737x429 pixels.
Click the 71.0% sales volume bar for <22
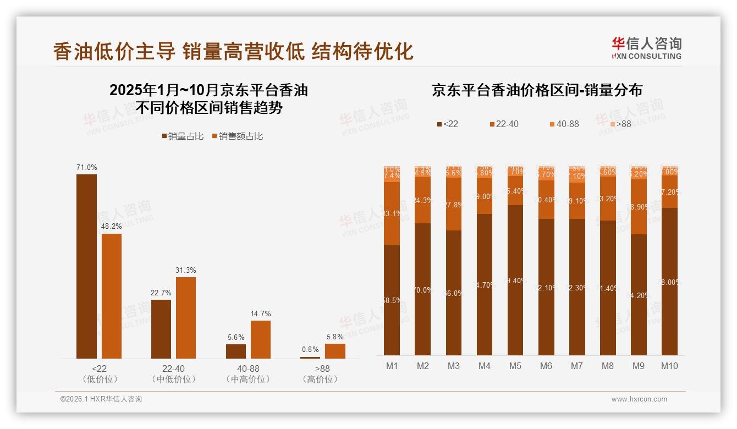coord(86,266)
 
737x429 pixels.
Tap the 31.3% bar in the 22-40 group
coord(186,317)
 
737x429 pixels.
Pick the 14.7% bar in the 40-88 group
coord(261,339)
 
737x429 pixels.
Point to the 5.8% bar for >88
coord(335,351)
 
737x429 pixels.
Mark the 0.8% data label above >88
coord(310,349)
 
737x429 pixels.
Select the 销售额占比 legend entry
coord(237,136)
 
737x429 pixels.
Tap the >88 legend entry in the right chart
coord(620,124)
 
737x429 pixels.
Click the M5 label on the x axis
coord(515,366)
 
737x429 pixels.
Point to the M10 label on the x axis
coord(669,366)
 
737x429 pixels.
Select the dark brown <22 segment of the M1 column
coord(392,300)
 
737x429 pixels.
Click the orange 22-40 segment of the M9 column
coord(639,207)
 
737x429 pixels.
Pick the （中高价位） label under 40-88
coord(248,380)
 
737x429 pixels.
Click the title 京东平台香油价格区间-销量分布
coord(537,90)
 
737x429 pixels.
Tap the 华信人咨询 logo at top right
coord(646,48)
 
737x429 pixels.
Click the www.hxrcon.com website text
coord(639,399)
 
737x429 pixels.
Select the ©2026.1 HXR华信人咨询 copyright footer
coord(101,399)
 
